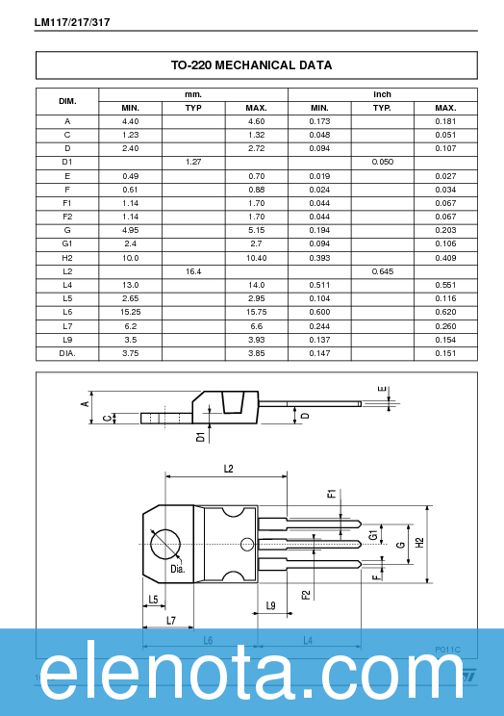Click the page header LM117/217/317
(72, 21)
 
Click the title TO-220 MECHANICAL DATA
(252, 65)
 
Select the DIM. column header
(67, 101)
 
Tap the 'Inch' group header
(382, 94)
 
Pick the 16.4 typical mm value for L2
(193, 272)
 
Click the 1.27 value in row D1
(193, 163)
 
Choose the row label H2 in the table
(67, 258)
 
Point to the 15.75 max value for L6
(256, 313)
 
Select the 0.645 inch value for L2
(382, 272)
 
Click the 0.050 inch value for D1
(382, 163)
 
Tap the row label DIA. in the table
(67, 353)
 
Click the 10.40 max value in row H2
(256, 258)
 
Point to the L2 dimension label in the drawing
(228, 469)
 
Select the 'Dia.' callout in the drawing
(178, 569)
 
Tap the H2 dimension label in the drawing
(418, 543)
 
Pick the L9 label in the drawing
(271, 605)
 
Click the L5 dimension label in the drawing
(153, 600)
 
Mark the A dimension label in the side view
(84, 404)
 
